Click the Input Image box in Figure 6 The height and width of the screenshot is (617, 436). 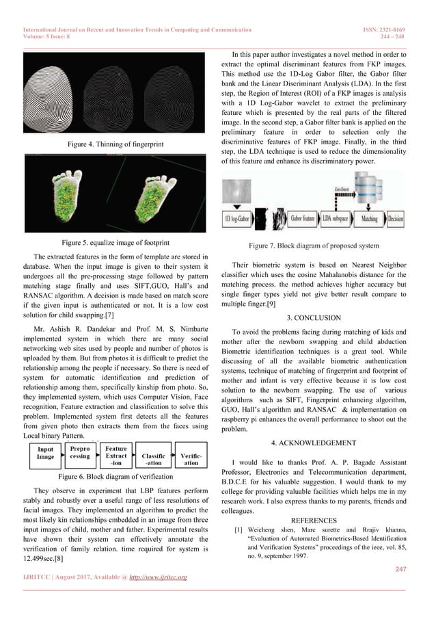[45, 454]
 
